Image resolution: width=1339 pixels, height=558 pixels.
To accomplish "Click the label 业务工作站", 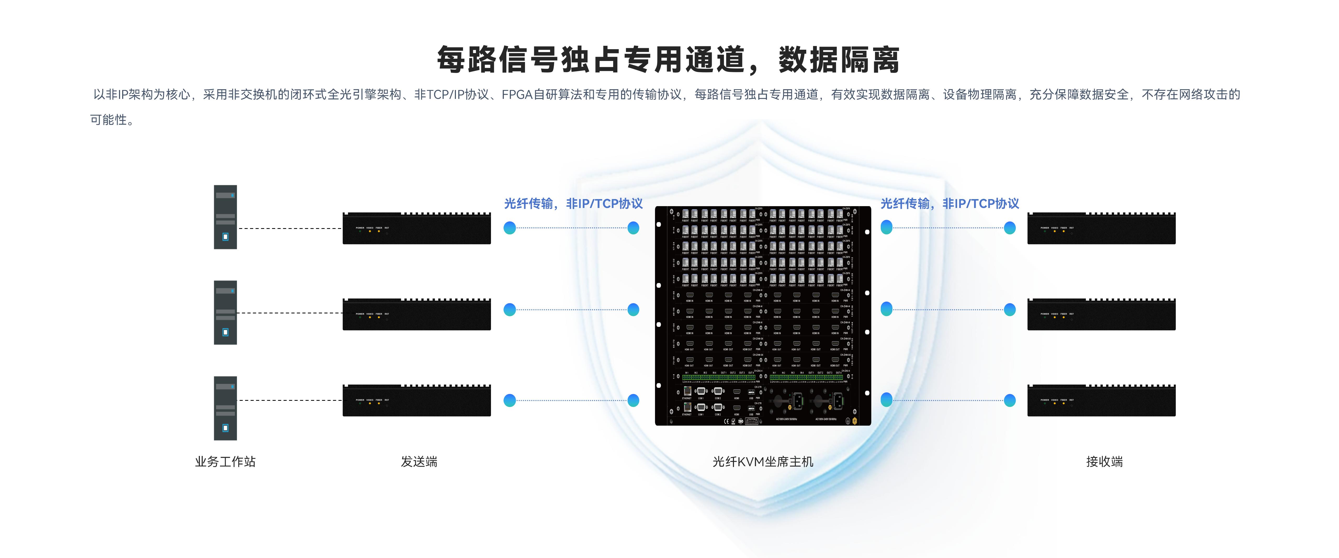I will pyautogui.click(x=225, y=461).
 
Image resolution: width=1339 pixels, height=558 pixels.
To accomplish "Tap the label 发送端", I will pyautogui.click(x=419, y=461).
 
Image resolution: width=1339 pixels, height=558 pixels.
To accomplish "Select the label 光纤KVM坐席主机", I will pyautogui.click(x=762, y=461).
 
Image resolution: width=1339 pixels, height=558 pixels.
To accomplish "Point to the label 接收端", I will pyautogui.click(x=1104, y=461).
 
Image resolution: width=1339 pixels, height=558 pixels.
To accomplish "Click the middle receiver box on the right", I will pyautogui.click(x=1101, y=315).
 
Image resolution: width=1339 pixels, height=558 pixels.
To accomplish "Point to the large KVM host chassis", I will pyautogui.click(x=762, y=316).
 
